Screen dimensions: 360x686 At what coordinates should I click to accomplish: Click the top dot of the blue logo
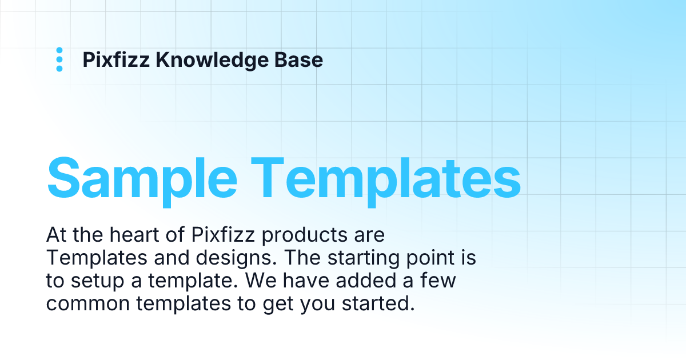(x=59, y=51)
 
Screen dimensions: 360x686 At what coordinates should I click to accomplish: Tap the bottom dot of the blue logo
(x=59, y=69)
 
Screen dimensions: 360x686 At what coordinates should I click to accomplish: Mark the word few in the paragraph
(x=441, y=281)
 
